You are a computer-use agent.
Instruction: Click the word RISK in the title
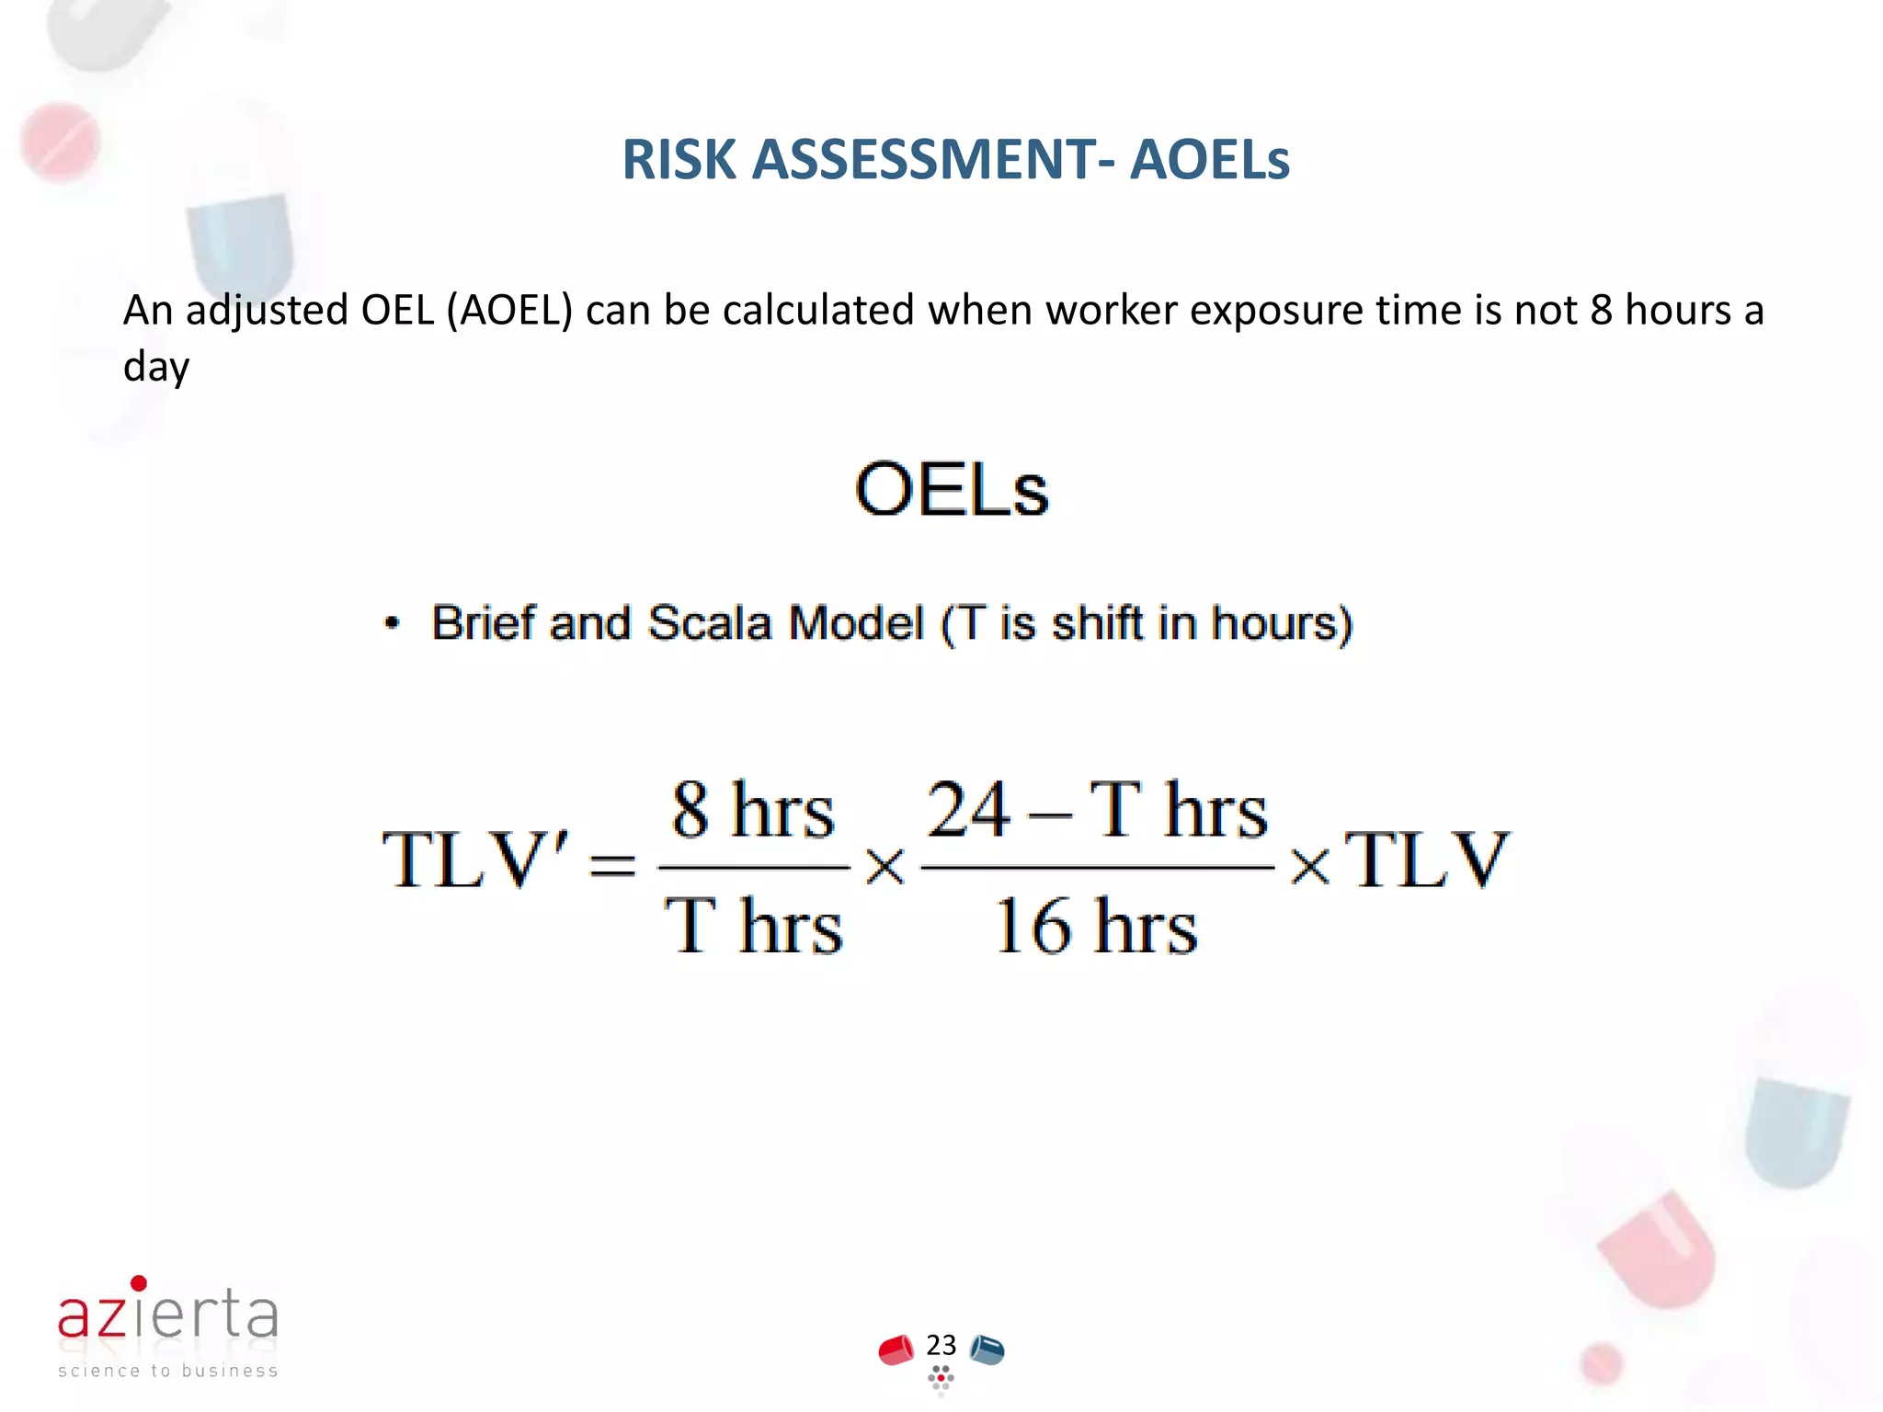[x=679, y=160]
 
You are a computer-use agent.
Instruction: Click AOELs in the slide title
[x=1209, y=160]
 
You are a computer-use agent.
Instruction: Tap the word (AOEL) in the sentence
[x=509, y=311]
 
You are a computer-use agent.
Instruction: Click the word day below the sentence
[x=156, y=368]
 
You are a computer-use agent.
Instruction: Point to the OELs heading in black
[x=952, y=490]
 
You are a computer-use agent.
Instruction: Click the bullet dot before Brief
[x=393, y=623]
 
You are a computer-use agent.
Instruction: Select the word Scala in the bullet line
[x=709, y=623]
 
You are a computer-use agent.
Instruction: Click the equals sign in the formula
[x=612, y=865]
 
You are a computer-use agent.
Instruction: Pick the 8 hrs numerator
[x=753, y=810]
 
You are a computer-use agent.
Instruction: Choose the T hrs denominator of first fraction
[x=753, y=927]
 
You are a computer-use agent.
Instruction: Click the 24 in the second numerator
[x=968, y=810]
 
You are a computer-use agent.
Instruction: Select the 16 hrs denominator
[x=1096, y=927]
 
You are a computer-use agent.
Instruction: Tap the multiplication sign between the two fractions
[x=885, y=866]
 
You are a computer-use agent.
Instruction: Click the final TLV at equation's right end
[x=1426, y=860]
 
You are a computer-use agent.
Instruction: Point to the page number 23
[x=941, y=1345]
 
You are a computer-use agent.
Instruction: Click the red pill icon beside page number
[x=896, y=1350]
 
